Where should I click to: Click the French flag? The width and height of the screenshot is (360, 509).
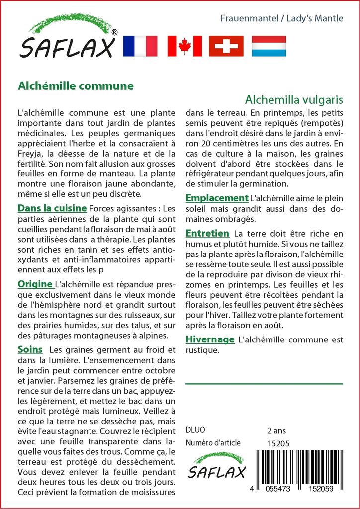tap(140, 46)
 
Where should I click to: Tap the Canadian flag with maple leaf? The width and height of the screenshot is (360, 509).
tap(184, 46)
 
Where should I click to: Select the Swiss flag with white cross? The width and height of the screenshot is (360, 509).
tap(226, 46)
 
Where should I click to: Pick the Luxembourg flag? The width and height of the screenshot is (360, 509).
tap(269, 46)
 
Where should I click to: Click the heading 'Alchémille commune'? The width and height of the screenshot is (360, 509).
tap(76, 85)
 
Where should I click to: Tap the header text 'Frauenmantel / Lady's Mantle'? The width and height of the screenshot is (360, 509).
tap(282, 19)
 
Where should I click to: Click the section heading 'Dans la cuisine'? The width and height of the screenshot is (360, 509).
tap(52, 208)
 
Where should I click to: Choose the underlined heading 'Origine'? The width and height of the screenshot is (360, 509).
tap(35, 284)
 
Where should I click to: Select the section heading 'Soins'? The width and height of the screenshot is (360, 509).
tap(30, 349)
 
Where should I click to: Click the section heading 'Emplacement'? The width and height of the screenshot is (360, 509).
tap(217, 198)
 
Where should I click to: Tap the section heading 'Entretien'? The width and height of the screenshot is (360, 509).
tap(207, 233)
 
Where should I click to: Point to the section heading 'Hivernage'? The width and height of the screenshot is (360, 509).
tap(210, 339)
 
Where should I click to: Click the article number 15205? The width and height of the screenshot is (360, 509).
tap(278, 443)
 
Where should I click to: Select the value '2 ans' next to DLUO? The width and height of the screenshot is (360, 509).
tap(276, 430)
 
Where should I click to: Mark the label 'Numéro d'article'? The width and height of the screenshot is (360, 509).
tap(213, 443)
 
